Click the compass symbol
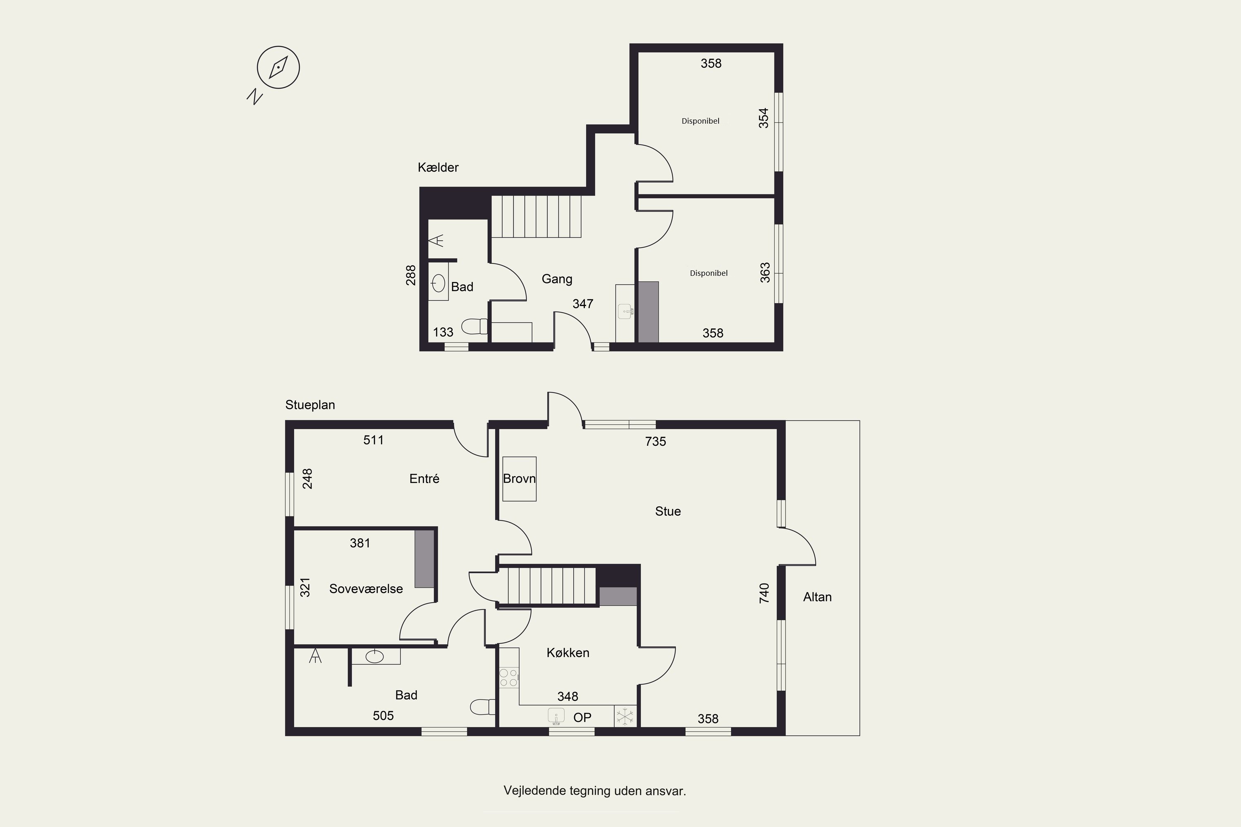pyautogui.click(x=278, y=67)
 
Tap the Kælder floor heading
pyautogui.click(x=438, y=168)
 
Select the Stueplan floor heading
pyautogui.click(x=310, y=405)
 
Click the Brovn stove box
pyautogui.click(x=519, y=479)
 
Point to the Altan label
pyautogui.click(x=817, y=597)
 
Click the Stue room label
pyautogui.click(x=668, y=511)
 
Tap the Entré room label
pyautogui.click(x=424, y=478)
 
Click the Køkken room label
pyautogui.click(x=568, y=653)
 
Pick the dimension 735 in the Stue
pyautogui.click(x=655, y=442)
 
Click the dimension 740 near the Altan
pyautogui.click(x=764, y=593)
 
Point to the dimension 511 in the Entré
pyautogui.click(x=373, y=440)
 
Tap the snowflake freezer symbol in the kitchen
pyautogui.click(x=625, y=716)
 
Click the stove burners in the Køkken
pyautogui.click(x=509, y=678)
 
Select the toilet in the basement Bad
pyautogui.click(x=474, y=327)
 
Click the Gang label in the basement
pyautogui.click(x=557, y=279)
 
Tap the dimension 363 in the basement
pyautogui.click(x=765, y=272)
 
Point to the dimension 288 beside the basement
pyautogui.click(x=410, y=275)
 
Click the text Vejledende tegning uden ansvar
pyautogui.click(x=595, y=791)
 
